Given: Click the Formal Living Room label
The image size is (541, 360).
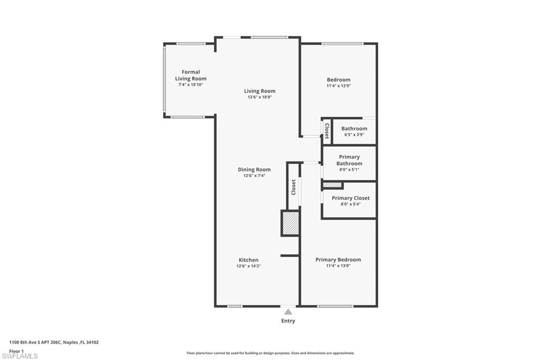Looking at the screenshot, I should [191, 75].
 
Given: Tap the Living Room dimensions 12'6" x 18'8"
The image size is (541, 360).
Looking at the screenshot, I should [259, 97].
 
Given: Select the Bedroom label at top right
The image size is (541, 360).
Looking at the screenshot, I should [338, 80].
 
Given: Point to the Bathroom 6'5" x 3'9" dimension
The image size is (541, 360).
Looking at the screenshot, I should [354, 135].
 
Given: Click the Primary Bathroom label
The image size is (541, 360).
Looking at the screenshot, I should [349, 160].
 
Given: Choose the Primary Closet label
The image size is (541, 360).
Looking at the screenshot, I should [350, 198].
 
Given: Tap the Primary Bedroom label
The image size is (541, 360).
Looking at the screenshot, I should [338, 260].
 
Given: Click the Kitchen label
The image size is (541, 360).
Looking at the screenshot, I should [248, 260].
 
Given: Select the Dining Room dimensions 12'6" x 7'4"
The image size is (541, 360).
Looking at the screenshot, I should [254, 175].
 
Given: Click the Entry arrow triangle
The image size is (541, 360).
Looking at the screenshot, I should [288, 312].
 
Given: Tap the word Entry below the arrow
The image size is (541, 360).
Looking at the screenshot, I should [288, 321].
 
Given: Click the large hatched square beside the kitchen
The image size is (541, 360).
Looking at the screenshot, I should [290, 223].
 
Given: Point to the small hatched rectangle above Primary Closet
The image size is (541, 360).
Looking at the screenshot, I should [332, 185].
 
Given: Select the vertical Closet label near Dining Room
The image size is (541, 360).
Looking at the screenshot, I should [294, 187].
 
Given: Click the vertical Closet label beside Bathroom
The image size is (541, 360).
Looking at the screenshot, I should [327, 130].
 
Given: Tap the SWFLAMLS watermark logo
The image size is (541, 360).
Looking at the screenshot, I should [20, 356].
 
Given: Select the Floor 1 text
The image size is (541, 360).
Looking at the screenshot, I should [17, 350].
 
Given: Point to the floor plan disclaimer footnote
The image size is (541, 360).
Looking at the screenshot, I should [270, 353].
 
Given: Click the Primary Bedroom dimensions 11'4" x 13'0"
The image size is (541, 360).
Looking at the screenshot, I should [338, 266].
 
